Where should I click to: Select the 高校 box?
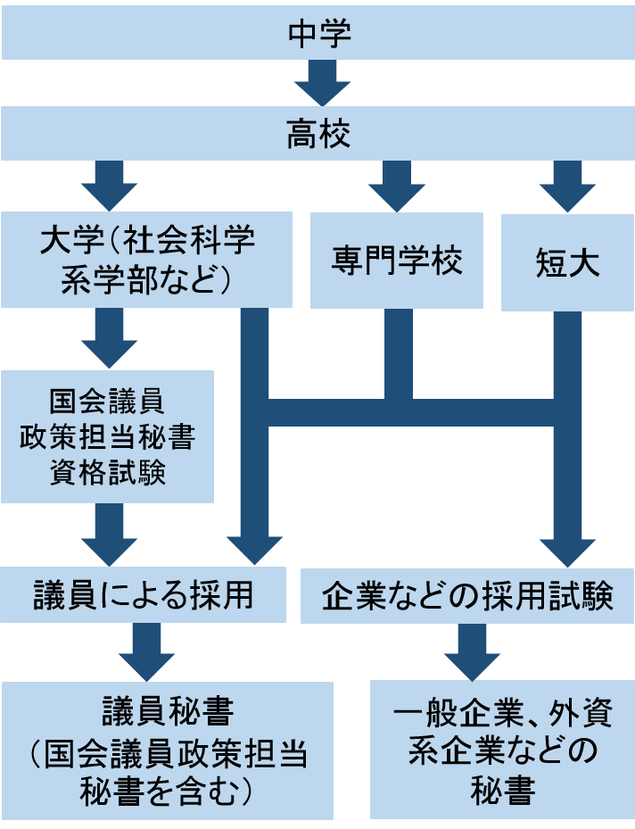click(317, 136)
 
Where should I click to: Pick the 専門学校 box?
click(397, 260)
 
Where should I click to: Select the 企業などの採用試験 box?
click(467, 595)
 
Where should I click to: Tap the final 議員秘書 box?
click(168, 750)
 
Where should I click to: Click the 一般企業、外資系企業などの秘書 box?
click(502, 750)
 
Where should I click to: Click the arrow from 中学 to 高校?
click(318, 84)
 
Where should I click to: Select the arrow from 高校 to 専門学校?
click(397, 186)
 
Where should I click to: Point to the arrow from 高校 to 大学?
click(109, 186)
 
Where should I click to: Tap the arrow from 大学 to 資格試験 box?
click(109, 339)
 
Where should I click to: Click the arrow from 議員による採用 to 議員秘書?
click(147, 651)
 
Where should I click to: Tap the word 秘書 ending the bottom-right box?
click(503, 791)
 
